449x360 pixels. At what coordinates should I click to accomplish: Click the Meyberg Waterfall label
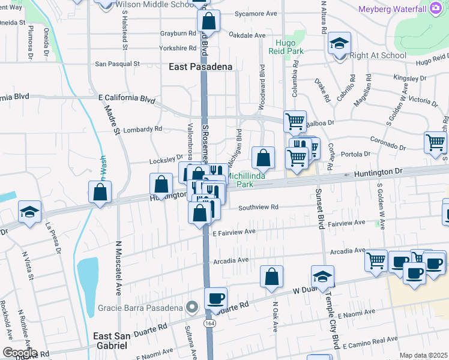tap(392, 9)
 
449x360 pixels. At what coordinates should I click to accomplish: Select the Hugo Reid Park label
tap(289, 47)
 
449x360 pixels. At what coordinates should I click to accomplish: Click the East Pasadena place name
tap(200, 67)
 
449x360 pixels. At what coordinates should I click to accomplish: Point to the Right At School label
tap(378, 56)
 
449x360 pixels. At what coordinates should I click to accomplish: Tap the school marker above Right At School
tap(339, 44)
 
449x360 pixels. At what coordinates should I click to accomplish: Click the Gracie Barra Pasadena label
tap(140, 308)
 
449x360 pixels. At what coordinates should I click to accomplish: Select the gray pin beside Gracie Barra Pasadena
tap(192, 308)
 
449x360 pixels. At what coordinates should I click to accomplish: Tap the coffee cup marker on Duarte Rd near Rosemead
tap(215, 298)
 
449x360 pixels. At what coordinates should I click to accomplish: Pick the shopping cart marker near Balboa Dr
tap(295, 121)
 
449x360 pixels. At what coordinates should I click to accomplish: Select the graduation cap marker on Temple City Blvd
tap(322, 277)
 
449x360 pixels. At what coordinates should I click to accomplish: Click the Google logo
tap(19, 353)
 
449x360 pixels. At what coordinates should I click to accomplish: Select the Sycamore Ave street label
tap(256, 13)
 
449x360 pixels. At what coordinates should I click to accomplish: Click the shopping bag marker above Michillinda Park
tap(263, 158)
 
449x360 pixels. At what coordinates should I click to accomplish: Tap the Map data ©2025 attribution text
tap(423, 355)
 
